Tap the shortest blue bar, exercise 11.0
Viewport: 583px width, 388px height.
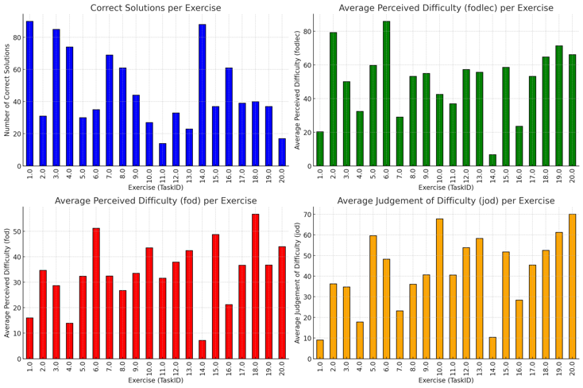tap(162, 154)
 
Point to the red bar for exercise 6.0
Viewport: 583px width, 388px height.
tap(96, 293)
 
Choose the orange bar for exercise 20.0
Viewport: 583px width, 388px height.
tap(572, 286)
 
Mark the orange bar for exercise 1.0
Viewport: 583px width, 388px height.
tap(320, 349)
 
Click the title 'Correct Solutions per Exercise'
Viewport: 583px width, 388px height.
tap(156, 8)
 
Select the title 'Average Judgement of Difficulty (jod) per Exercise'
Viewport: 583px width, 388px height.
tap(446, 201)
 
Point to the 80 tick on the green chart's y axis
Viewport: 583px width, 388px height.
tap(306, 33)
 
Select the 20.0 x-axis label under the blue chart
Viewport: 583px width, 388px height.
tap(281, 176)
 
